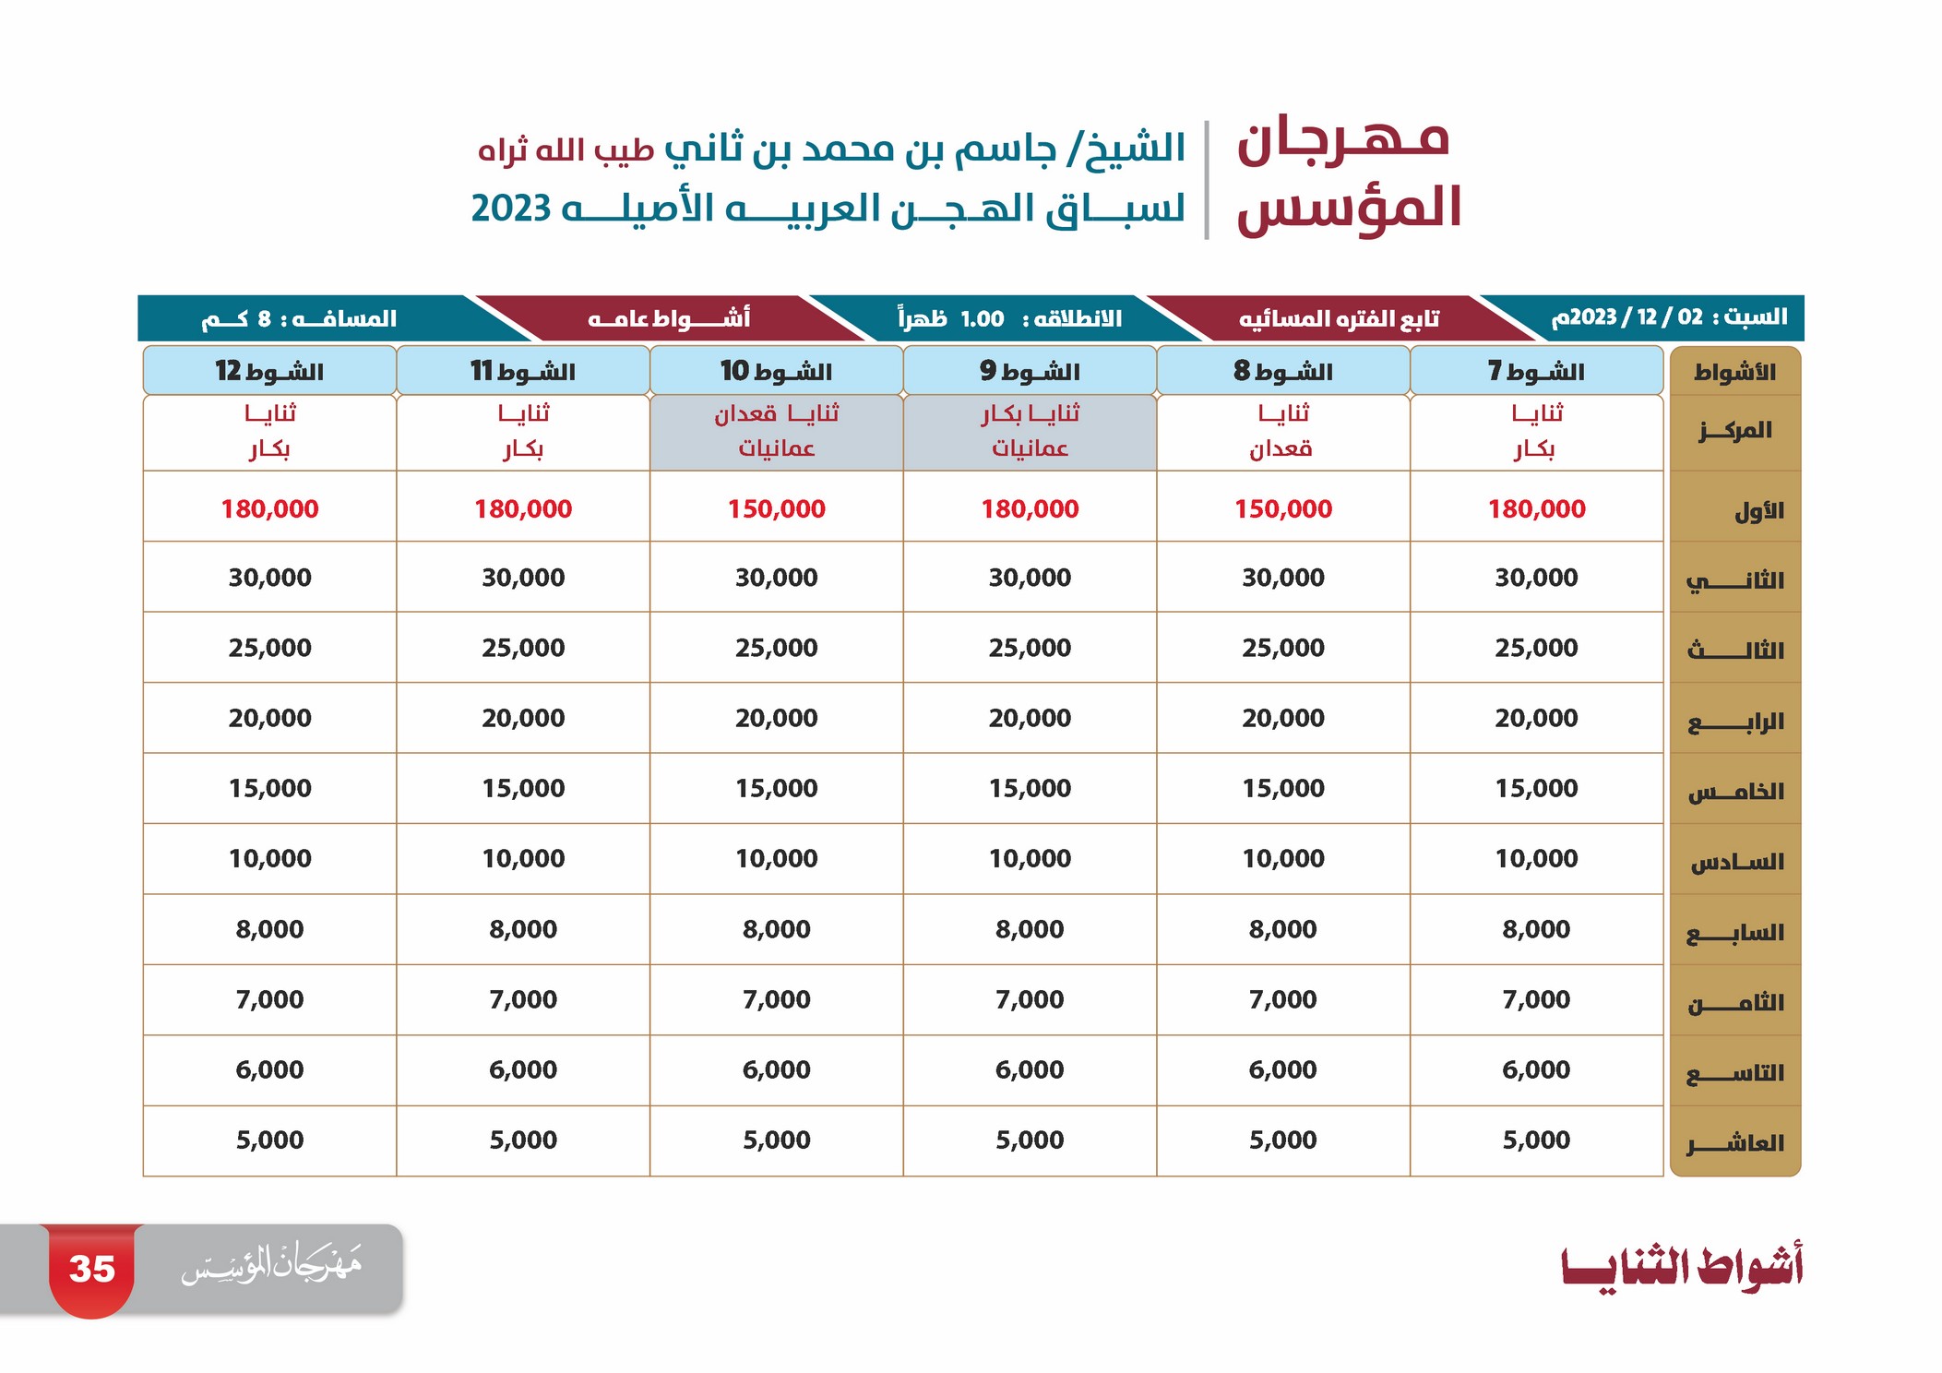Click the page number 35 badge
91,1270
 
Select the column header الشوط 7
1536,371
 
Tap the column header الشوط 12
269,371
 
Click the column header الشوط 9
1030,371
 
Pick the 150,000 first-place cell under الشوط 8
1283,508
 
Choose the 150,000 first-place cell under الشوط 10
777,508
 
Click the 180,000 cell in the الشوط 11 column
523,508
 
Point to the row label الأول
1759,510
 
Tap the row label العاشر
1735,1143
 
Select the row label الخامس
1736,791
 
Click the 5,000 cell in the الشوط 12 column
269,1140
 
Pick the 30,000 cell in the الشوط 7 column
1536,578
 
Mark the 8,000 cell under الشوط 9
1030,929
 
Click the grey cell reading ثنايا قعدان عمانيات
777,433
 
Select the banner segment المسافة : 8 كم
299,319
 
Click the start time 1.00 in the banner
982,319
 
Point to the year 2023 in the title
511,209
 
